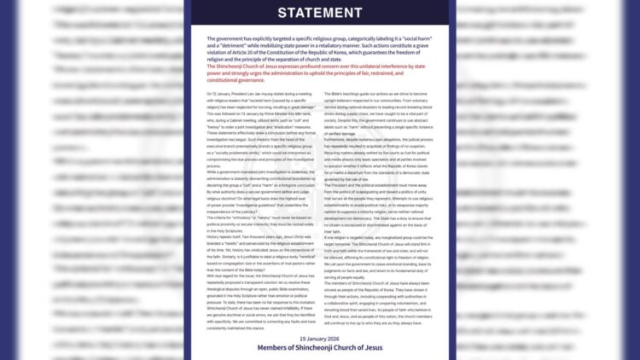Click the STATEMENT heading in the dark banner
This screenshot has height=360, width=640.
coord(320,13)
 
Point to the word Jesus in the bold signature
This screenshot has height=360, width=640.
coord(369,348)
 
